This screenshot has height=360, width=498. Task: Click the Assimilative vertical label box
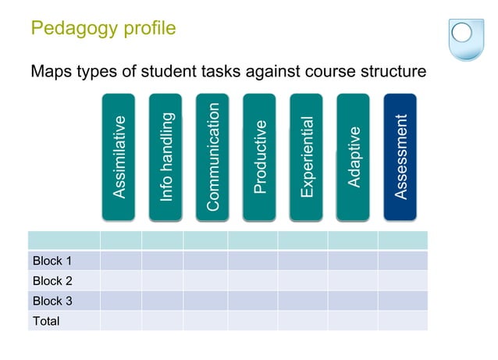(118, 156)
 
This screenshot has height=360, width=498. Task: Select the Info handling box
(165, 156)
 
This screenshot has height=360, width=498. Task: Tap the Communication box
(212, 156)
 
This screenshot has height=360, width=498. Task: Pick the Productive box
(259, 156)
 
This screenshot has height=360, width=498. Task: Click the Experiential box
(306, 156)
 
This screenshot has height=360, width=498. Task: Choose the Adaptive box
(353, 156)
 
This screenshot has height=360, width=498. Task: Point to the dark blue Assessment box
(400, 156)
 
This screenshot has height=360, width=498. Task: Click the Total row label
(46, 320)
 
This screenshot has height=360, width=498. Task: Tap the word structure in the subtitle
(390, 72)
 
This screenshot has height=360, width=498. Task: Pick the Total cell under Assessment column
(402, 320)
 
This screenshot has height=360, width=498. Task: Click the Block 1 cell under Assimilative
(120, 261)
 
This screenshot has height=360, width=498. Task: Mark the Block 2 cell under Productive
(252, 280)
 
